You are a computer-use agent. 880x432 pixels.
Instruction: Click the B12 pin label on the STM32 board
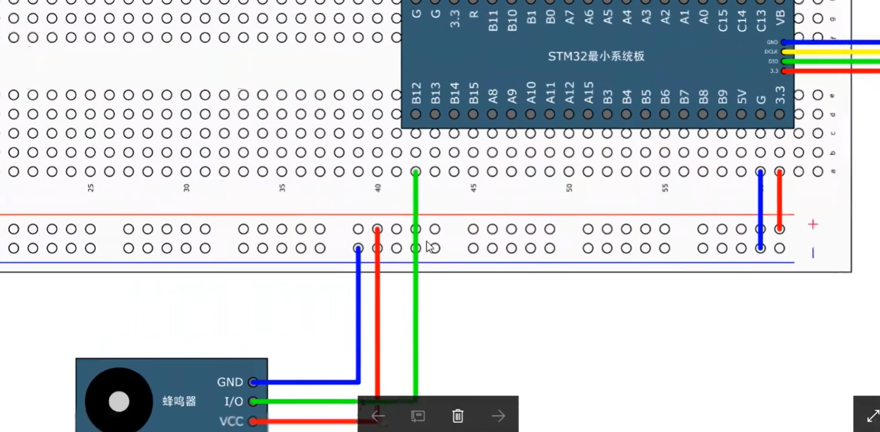pyautogui.click(x=416, y=93)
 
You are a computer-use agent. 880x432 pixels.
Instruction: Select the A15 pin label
pyautogui.click(x=589, y=93)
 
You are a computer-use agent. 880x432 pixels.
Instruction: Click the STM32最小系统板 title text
pyautogui.click(x=596, y=57)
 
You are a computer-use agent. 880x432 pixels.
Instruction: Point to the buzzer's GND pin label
pyautogui.click(x=230, y=382)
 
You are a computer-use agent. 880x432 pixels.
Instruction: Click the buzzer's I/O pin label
pyautogui.click(x=233, y=402)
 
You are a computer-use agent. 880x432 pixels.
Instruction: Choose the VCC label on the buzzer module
pyautogui.click(x=231, y=421)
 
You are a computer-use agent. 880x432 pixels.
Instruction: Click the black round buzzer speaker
pyautogui.click(x=119, y=402)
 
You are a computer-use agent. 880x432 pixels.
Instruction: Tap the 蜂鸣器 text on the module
pyautogui.click(x=179, y=402)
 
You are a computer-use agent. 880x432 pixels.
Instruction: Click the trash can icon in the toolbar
pyautogui.click(x=458, y=416)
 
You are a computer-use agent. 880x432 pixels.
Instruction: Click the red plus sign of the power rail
pyautogui.click(x=813, y=224)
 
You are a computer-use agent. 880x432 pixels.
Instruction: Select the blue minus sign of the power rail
pyautogui.click(x=813, y=252)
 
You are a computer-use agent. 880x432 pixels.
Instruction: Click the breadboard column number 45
pyautogui.click(x=474, y=188)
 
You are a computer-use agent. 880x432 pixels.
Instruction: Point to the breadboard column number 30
pyautogui.click(x=187, y=188)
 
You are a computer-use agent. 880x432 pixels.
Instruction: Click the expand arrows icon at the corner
pyautogui.click(x=872, y=416)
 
